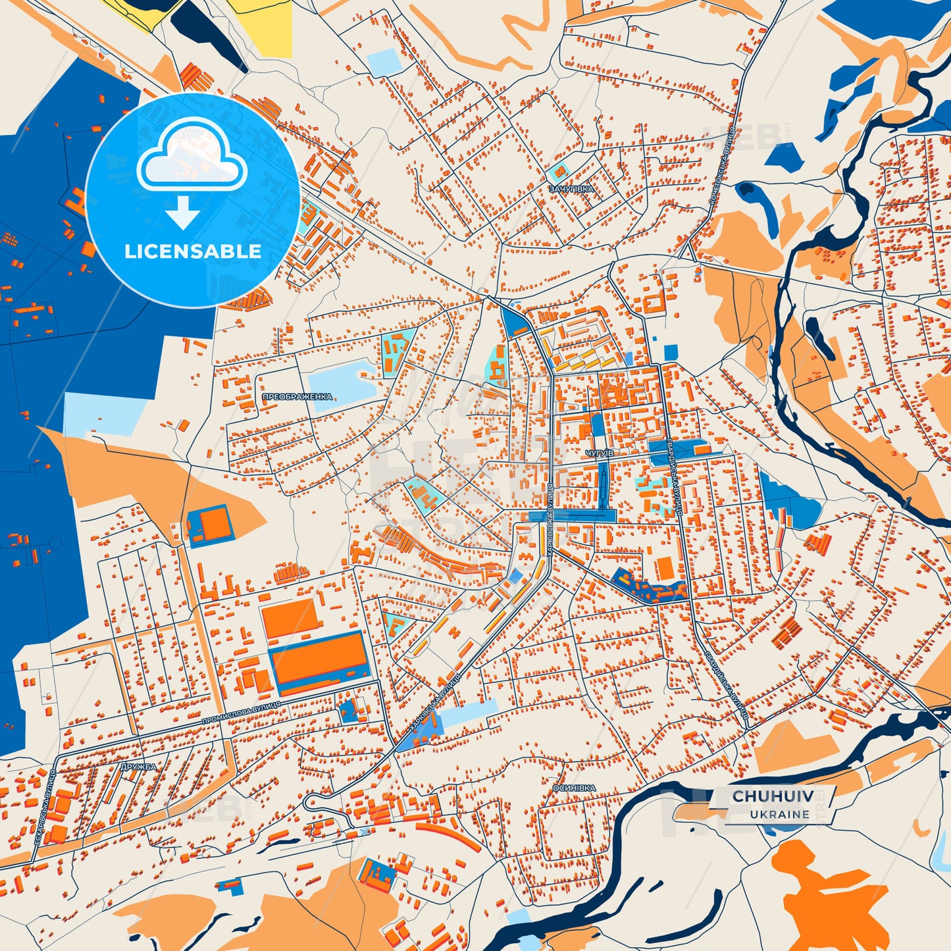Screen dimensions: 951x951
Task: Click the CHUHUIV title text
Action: click(772, 796)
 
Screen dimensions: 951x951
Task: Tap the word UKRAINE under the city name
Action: click(779, 814)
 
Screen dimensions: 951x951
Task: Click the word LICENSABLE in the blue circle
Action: click(193, 251)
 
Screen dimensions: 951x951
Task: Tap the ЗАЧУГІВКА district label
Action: click(571, 189)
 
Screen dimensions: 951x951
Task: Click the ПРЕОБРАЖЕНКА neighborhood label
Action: click(297, 397)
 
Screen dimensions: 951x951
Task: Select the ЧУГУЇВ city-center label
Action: click(599, 454)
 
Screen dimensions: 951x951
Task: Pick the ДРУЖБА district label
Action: click(138, 767)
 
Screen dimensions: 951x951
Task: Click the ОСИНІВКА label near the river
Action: click(574, 788)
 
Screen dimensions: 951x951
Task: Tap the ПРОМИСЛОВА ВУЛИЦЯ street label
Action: click(241, 713)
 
